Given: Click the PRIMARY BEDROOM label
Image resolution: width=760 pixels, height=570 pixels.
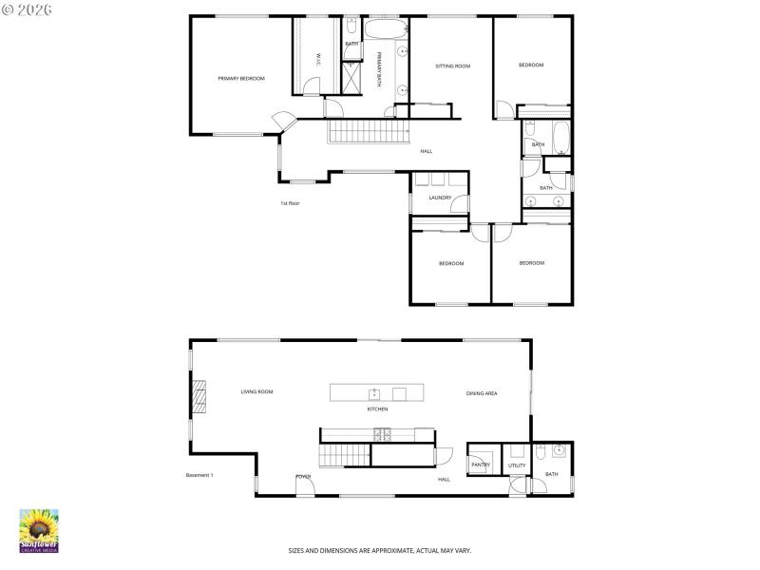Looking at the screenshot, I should (x=241, y=78).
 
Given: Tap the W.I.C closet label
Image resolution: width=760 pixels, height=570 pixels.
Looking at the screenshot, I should (x=317, y=59).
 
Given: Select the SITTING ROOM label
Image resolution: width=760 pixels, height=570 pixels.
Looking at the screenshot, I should (x=452, y=66).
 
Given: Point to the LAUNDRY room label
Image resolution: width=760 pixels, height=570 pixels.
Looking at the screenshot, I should (x=440, y=198).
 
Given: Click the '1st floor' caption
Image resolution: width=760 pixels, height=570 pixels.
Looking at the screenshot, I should (x=290, y=203).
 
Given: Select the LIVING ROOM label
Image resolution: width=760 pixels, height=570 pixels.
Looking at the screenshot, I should (x=256, y=391).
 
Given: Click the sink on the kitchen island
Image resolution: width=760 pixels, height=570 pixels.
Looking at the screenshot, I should (x=375, y=392).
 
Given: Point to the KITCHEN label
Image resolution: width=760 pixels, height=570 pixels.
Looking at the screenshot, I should (x=377, y=409).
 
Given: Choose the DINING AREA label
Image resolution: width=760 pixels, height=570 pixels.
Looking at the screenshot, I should (x=482, y=393).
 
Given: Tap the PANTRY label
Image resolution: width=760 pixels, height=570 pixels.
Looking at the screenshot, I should (x=480, y=465).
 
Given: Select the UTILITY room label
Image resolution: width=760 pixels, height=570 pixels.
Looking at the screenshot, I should (x=517, y=465).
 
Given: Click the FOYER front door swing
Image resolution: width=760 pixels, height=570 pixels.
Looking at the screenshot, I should (x=304, y=485).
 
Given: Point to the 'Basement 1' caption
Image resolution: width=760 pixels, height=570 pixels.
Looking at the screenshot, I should (x=199, y=475).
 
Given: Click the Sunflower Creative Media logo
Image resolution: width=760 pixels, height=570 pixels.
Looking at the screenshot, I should (x=39, y=531).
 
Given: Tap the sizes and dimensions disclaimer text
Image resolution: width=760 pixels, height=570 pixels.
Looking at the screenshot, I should (x=380, y=550).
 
